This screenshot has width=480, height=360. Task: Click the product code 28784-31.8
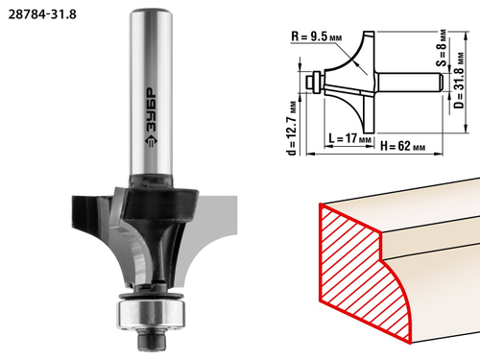42,14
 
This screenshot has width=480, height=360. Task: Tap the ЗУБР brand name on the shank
151,109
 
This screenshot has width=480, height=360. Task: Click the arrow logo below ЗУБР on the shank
151,141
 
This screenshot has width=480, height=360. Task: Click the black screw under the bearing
153,340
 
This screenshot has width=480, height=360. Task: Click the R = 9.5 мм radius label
316,36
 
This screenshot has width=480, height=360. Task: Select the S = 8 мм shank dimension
442,48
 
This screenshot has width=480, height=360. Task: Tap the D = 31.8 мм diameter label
459,81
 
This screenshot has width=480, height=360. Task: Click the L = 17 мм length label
350,138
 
